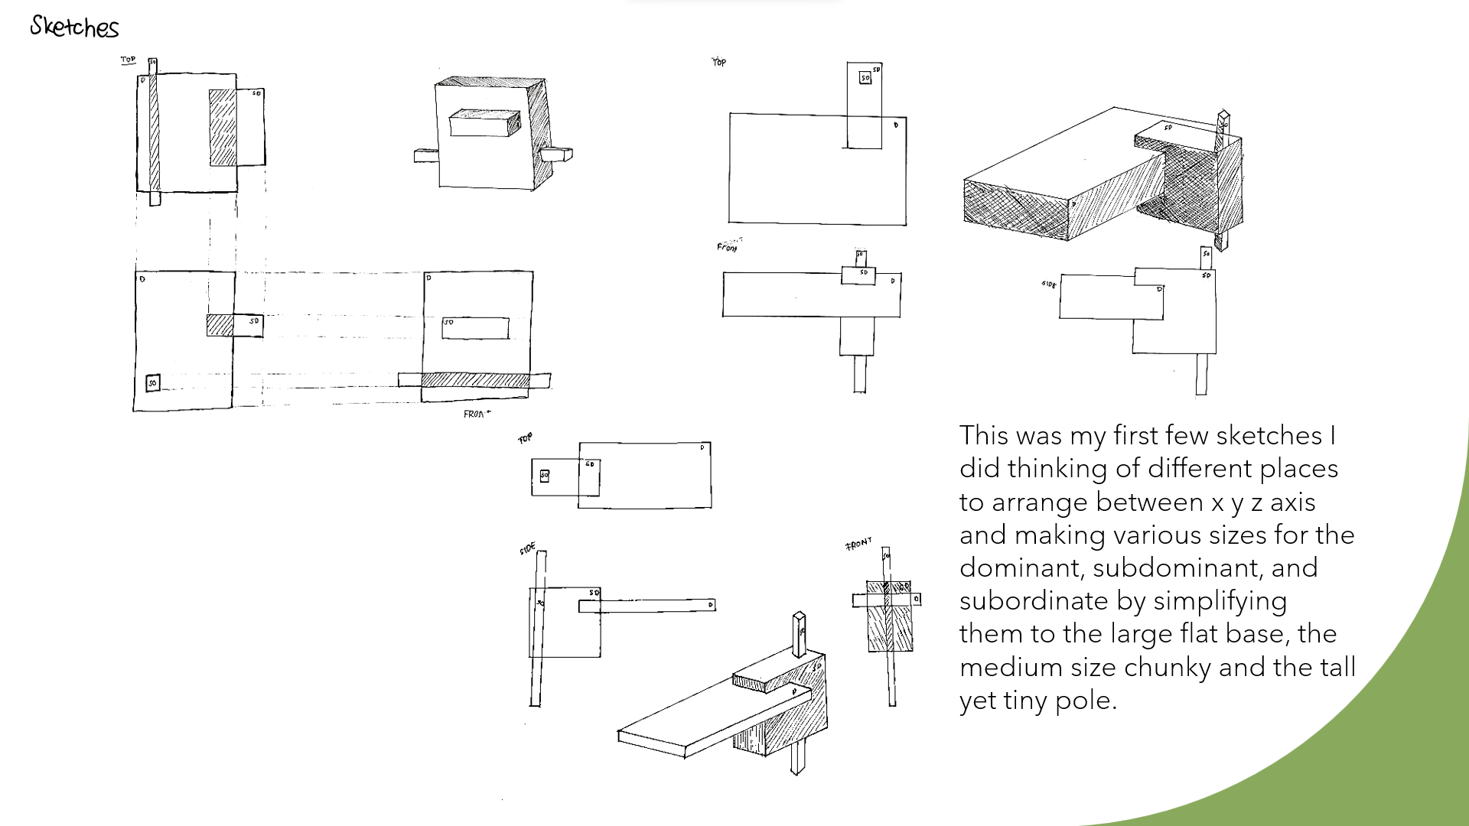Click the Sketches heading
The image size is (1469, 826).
coord(74,28)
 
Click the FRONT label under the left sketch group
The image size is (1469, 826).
coord(476,414)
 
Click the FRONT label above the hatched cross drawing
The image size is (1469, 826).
coord(858,544)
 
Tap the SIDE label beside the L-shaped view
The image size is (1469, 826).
coord(1048,285)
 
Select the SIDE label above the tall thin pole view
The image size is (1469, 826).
coord(527,549)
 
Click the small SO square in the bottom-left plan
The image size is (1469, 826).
coord(153,382)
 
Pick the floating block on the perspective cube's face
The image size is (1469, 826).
coord(484,124)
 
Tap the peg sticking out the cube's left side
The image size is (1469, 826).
coord(425,156)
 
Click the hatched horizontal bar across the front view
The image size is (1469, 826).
coord(474,380)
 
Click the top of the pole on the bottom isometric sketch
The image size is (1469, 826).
coord(799,616)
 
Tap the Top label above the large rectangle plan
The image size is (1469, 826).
coord(719,62)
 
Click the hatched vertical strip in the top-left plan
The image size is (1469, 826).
coord(154,134)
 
